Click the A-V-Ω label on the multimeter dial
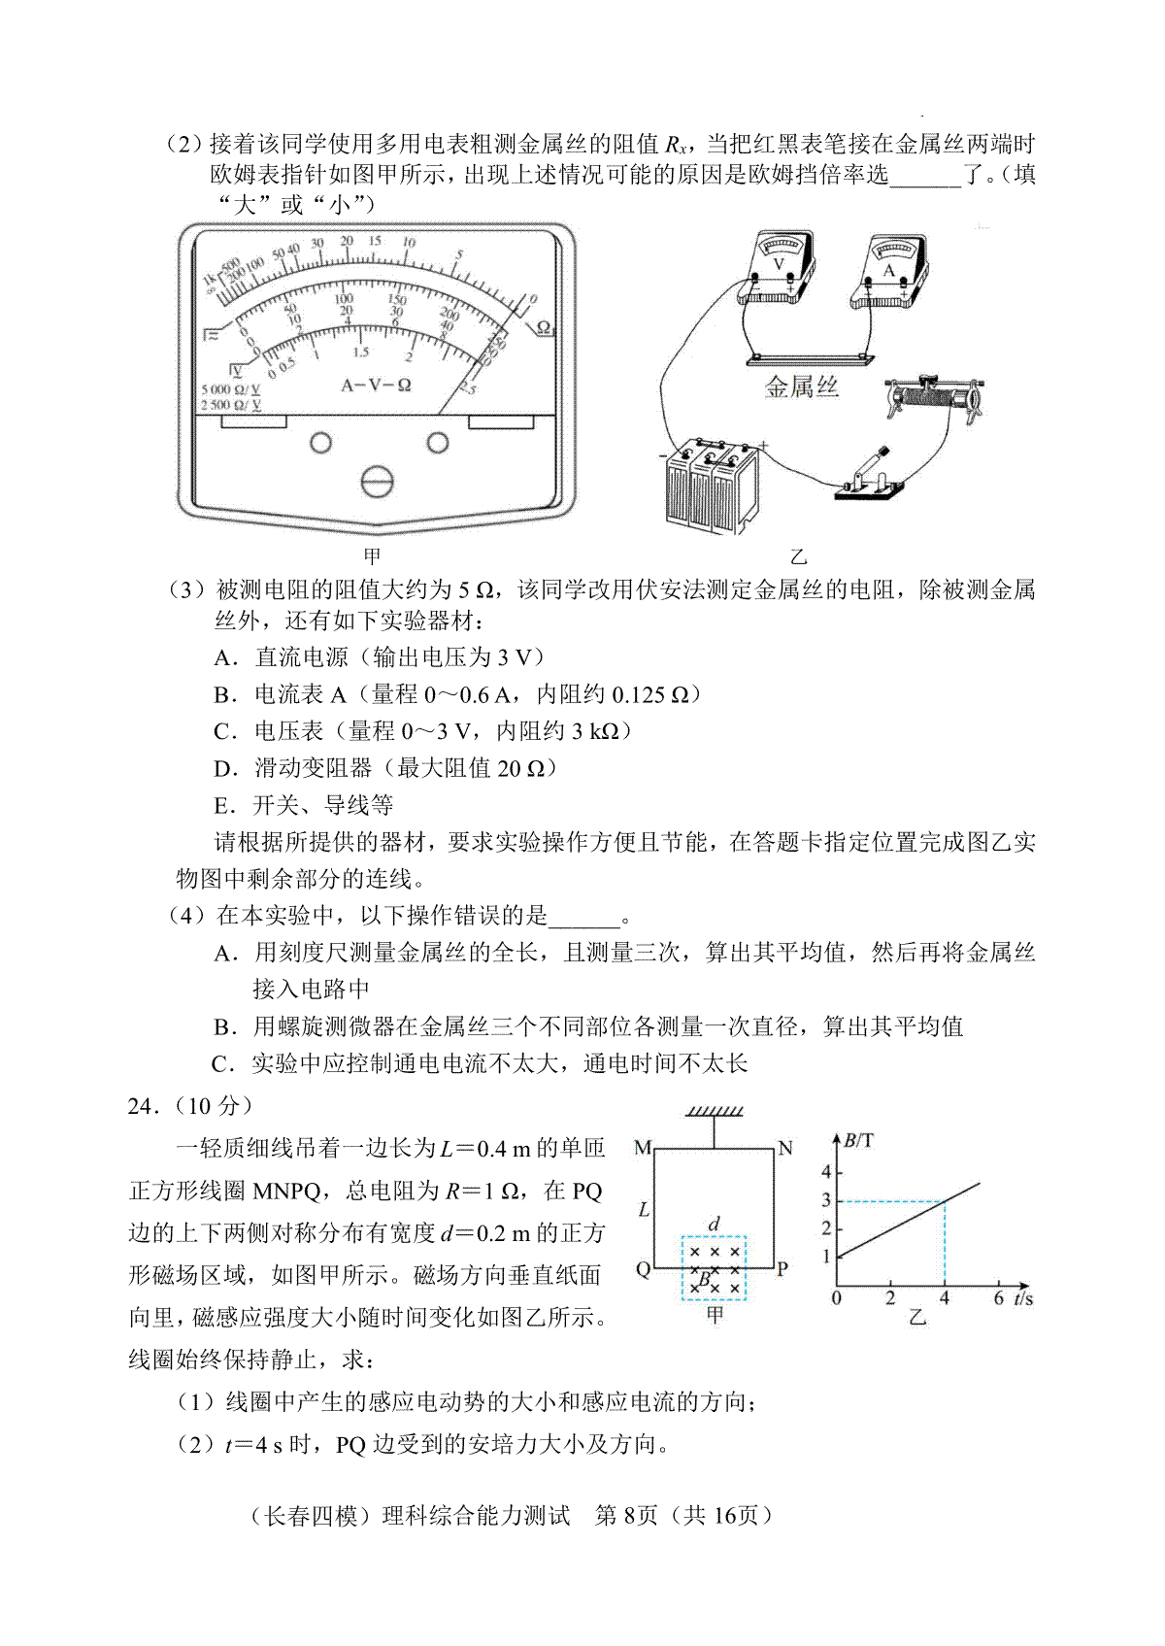point(377,385)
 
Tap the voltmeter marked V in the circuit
point(777,268)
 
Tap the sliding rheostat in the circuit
point(936,396)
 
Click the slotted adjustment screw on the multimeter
point(377,482)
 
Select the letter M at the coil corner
point(642,1148)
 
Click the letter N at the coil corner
point(785,1148)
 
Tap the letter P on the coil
point(782,1268)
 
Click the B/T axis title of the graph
point(858,1140)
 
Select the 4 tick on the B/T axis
point(826,1172)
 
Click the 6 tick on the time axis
point(998,1299)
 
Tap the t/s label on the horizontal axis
point(1022,1299)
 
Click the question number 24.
point(142,1106)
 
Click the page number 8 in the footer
point(627,1515)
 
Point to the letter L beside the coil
point(643,1210)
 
